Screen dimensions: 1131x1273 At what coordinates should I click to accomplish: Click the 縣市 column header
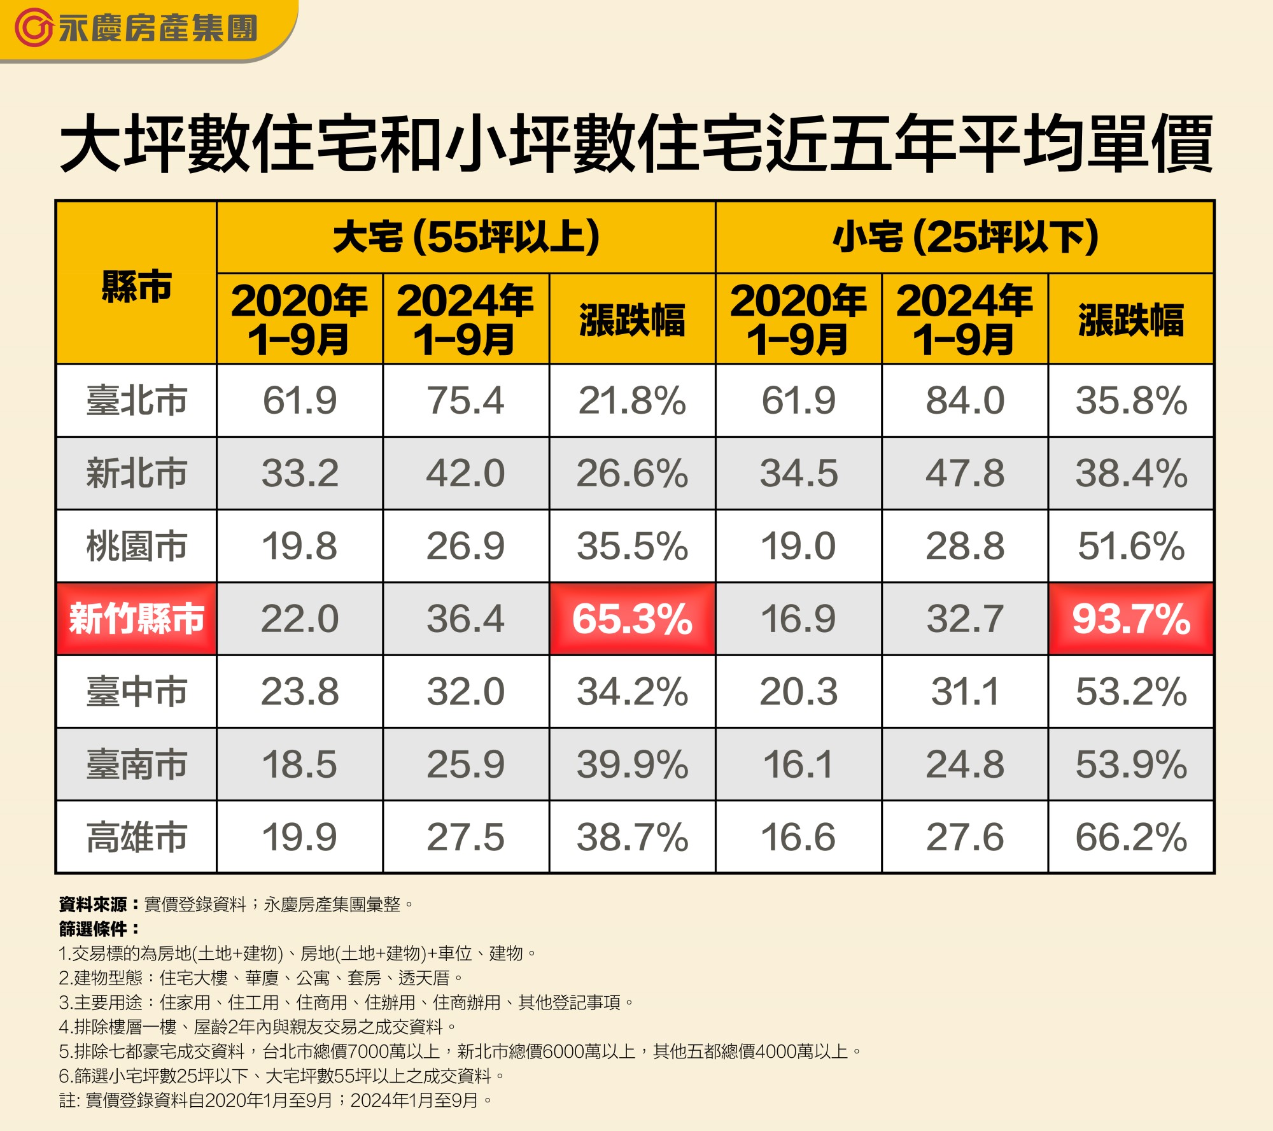pos(136,285)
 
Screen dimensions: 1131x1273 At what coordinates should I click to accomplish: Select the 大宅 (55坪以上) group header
pos(466,237)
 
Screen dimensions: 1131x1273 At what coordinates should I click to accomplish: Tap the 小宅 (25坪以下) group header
pos(965,237)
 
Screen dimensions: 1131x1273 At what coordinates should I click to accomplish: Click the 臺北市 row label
pos(136,400)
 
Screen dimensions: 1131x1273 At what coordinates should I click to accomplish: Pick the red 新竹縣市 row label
pos(136,619)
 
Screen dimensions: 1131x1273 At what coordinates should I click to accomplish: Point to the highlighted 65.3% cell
pos(632,619)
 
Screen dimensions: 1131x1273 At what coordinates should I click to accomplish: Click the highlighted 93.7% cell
pos(1131,619)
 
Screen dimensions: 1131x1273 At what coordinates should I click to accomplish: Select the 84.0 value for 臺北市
pos(965,400)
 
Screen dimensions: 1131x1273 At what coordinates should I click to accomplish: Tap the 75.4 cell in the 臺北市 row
pos(466,400)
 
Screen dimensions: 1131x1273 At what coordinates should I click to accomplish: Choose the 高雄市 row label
pos(136,837)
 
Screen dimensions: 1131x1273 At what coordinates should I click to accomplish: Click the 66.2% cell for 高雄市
pos(1131,837)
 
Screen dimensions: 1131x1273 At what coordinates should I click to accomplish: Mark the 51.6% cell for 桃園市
pos(1131,546)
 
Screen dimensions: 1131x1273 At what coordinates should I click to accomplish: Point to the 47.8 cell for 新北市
pos(965,474)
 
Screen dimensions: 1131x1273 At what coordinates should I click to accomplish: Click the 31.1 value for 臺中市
pos(965,692)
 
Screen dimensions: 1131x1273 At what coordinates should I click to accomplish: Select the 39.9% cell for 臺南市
pos(632,764)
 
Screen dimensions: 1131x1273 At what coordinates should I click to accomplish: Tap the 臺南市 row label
pos(136,764)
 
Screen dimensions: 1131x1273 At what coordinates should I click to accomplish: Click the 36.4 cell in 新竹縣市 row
pos(466,619)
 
